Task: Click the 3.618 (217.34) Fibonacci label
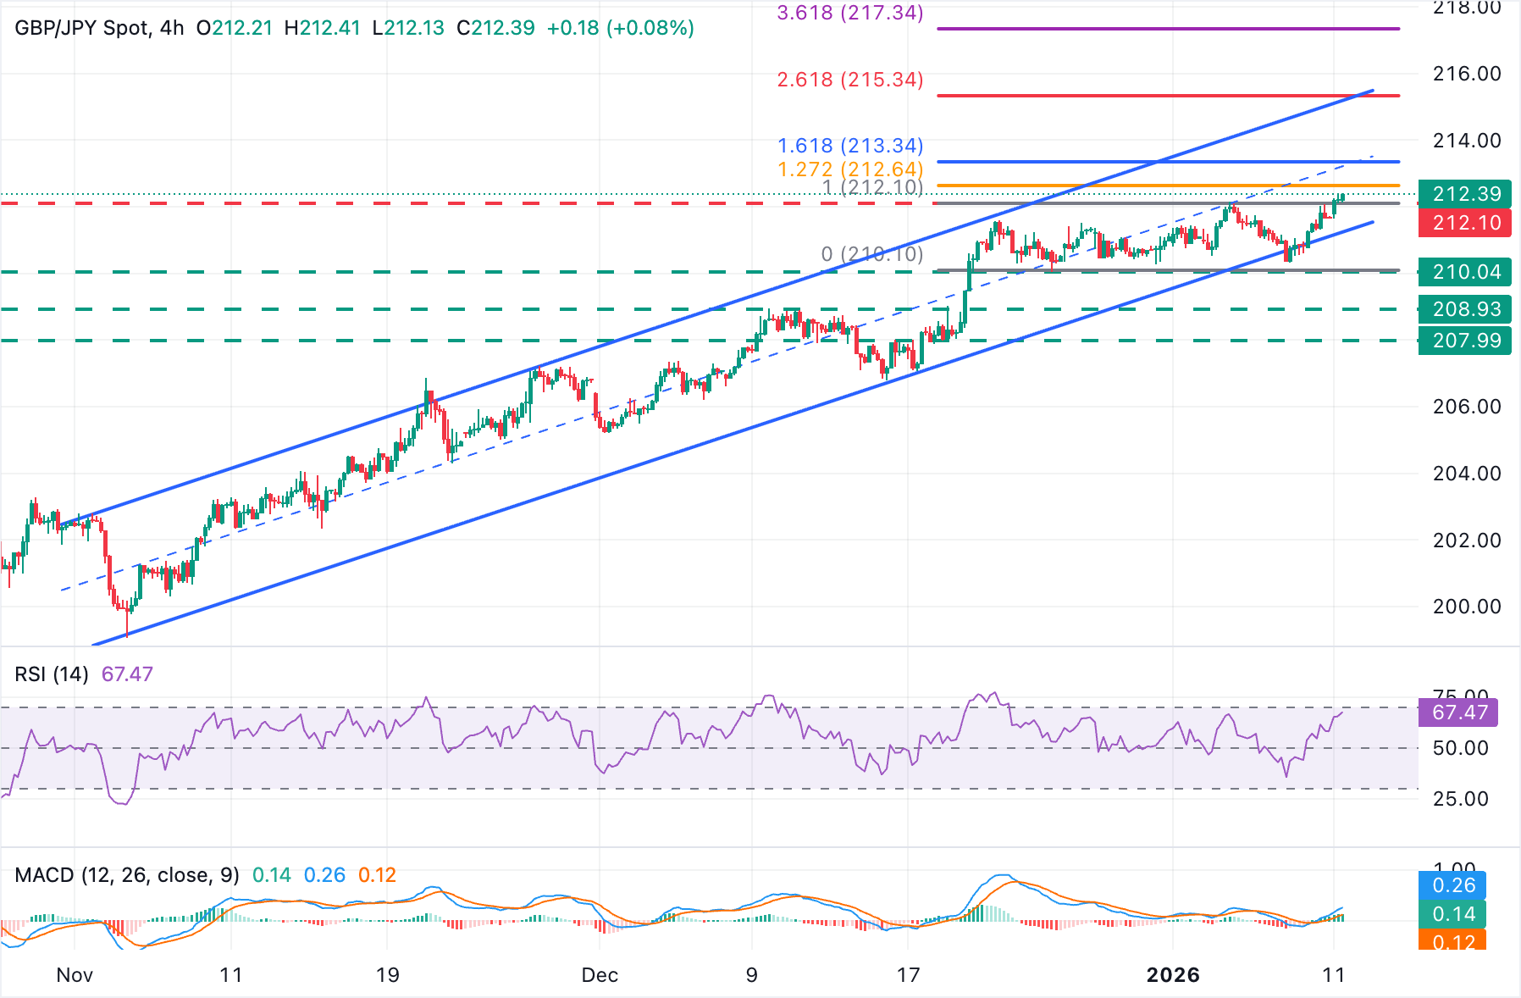click(850, 13)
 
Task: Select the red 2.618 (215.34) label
click(850, 80)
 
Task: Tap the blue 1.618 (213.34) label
click(850, 146)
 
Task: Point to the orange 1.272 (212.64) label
click(850, 169)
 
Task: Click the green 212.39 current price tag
click(1465, 194)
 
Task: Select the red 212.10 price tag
click(1465, 223)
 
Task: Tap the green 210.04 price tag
click(1465, 272)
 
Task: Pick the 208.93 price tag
click(1465, 309)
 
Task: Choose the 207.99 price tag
click(1465, 341)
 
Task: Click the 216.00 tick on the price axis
click(1466, 74)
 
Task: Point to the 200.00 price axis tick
click(1466, 607)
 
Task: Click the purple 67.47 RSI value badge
click(1458, 712)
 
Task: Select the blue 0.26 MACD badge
click(1453, 885)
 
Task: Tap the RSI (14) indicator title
click(52, 674)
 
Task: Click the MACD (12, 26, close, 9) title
click(127, 875)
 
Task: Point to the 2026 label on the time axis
click(1173, 975)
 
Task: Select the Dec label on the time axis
click(600, 975)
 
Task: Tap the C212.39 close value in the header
click(495, 28)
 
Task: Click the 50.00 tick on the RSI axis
click(1460, 748)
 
